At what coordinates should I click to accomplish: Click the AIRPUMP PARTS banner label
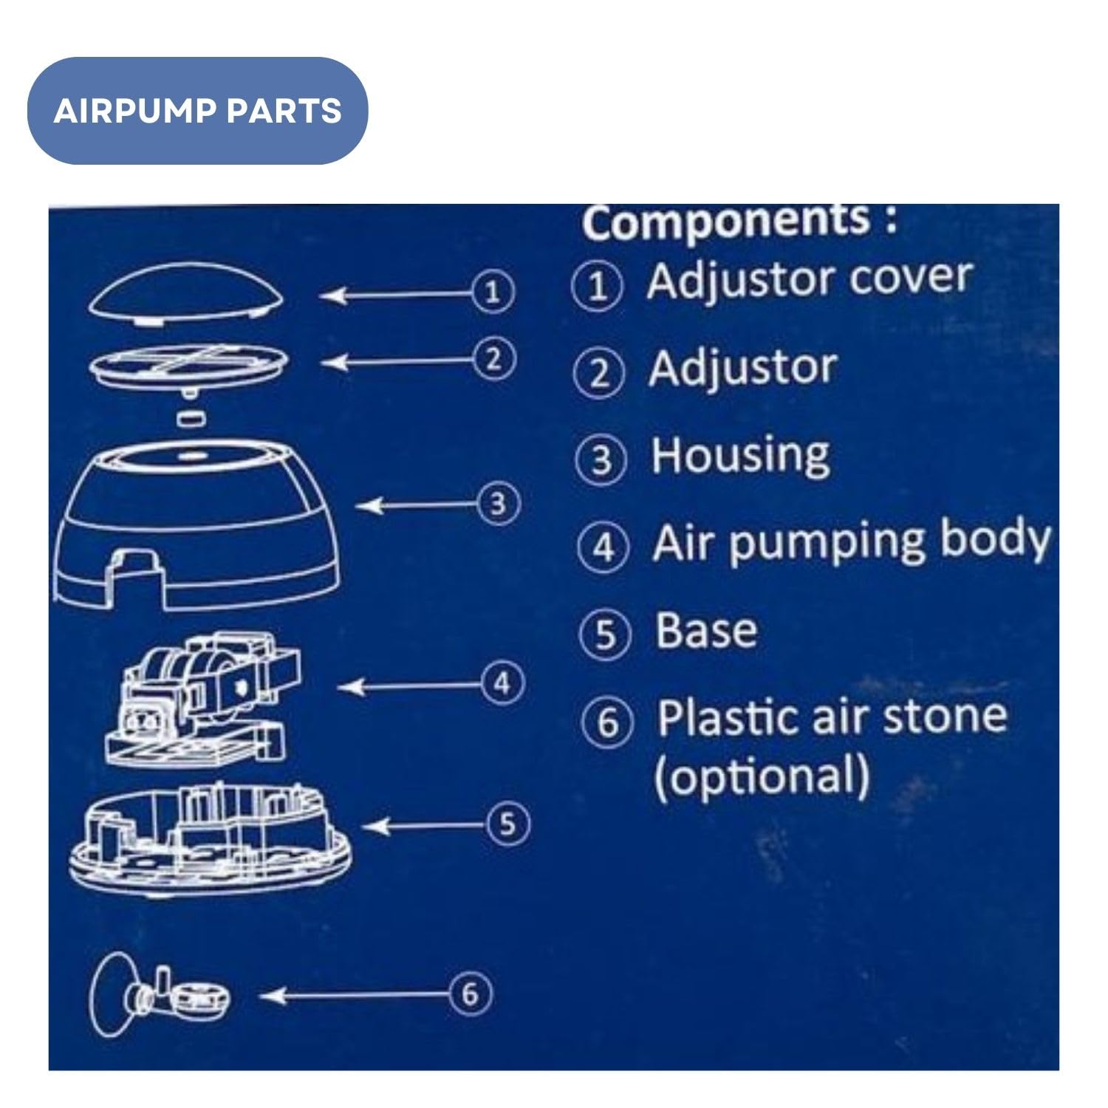(x=197, y=111)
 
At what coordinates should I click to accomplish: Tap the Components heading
(x=739, y=221)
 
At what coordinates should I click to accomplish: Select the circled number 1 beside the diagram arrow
(x=493, y=293)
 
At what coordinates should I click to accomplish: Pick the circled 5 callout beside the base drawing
(x=507, y=824)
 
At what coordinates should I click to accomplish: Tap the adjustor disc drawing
(x=189, y=364)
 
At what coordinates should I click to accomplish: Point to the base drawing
(x=210, y=842)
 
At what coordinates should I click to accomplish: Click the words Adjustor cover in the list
(x=808, y=280)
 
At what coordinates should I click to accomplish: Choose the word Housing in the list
(x=740, y=456)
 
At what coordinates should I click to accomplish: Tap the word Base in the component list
(x=706, y=632)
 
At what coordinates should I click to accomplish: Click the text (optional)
(x=762, y=776)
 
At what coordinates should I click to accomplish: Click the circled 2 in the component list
(x=599, y=373)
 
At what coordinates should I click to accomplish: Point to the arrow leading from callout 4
(x=410, y=686)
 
